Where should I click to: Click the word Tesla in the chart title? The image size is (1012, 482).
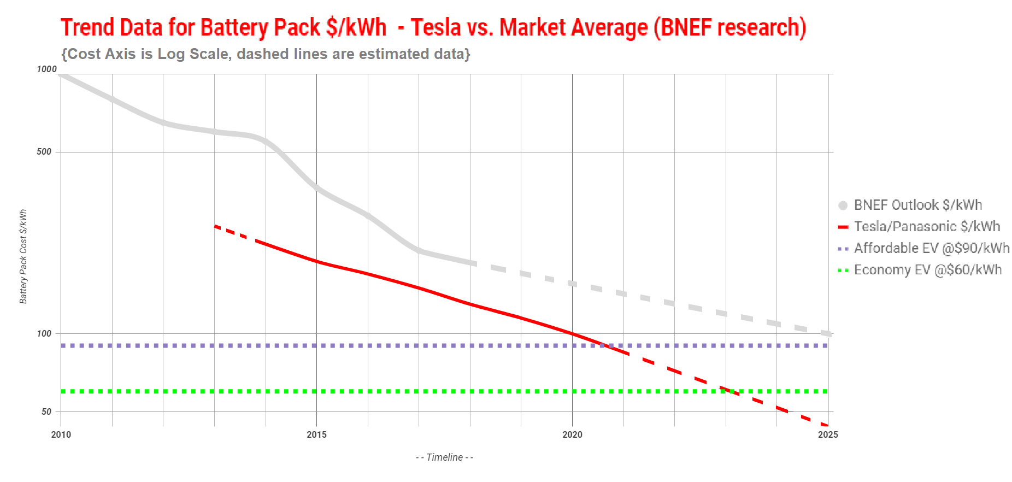point(436,27)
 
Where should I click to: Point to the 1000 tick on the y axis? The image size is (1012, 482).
point(46,69)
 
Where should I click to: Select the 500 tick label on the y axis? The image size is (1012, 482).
point(44,152)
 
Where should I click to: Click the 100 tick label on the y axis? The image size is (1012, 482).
point(44,333)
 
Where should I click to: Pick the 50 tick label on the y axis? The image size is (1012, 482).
point(46,412)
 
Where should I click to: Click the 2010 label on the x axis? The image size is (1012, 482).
point(61,435)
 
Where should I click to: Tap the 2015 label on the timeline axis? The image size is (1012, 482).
point(316,435)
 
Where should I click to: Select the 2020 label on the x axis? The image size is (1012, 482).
point(572,435)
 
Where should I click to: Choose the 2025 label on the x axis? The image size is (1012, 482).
point(827,435)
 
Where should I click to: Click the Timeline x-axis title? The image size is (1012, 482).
point(444,457)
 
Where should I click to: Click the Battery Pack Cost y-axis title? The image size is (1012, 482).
point(23,257)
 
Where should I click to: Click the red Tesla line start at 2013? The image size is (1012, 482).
point(215,226)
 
